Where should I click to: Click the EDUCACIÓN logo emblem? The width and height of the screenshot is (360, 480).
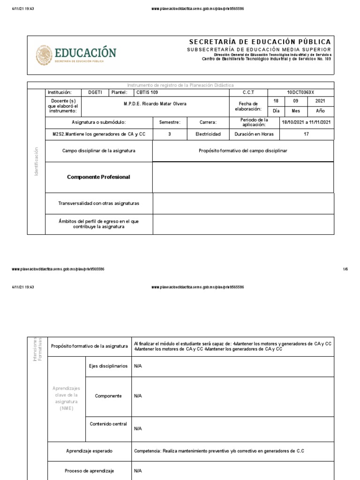coord(44,55)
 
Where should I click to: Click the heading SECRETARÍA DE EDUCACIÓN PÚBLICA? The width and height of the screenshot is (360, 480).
coord(260,42)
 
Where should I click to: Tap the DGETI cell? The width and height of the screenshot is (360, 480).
coord(89,92)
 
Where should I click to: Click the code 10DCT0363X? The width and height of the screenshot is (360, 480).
coord(300,92)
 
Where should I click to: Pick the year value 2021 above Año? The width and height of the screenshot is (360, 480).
coord(320,101)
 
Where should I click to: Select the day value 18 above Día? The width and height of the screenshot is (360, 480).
coord(276,101)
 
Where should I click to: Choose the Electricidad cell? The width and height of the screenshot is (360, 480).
coord(208,134)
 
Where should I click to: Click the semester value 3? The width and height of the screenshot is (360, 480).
coord(169,134)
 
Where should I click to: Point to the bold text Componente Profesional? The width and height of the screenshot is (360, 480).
coord(98,177)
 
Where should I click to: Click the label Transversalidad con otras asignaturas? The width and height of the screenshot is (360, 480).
coord(98,203)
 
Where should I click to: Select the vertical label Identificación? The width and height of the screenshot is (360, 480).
coord(36,161)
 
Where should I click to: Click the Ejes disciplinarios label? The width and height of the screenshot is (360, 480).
coord(108,366)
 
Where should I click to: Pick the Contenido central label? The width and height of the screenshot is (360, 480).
coord(108,424)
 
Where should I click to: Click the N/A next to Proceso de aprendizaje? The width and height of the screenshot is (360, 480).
coord(138,471)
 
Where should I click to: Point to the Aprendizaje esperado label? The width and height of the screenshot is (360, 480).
coord(89,450)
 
